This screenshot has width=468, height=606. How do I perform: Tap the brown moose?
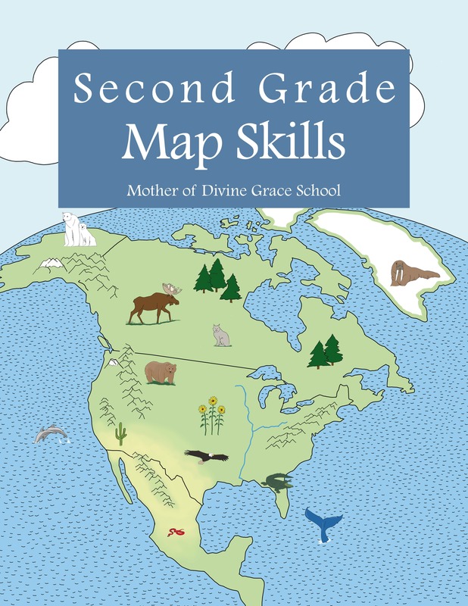point(154,307)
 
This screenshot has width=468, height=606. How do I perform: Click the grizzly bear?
point(160,372)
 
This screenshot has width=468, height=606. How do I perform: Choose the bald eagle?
point(205,457)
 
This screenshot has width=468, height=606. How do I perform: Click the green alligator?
point(276,482)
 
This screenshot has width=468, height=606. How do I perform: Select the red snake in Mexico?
point(176,533)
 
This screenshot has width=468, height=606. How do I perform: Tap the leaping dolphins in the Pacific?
point(51,434)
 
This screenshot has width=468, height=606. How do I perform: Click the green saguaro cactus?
point(121,434)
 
